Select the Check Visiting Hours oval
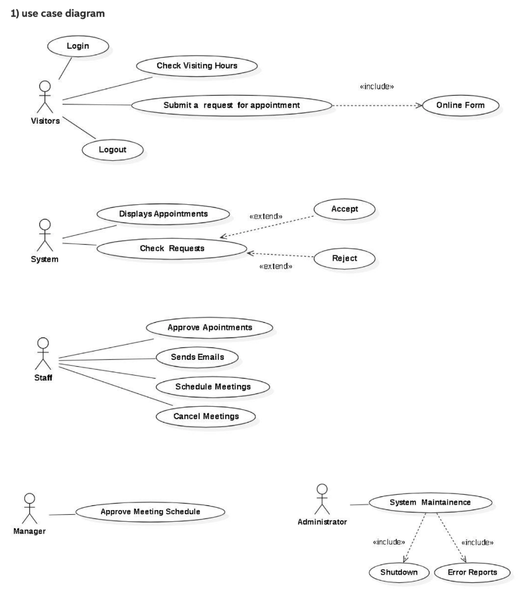click(197, 66)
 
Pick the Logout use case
click(112, 150)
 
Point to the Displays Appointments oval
click(163, 214)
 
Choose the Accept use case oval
click(344, 209)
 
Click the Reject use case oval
click(344, 258)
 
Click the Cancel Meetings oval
click(206, 417)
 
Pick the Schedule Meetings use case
click(212, 387)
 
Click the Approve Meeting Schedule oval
click(150, 512)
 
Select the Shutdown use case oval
click(398, 572)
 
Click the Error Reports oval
click(472, 572)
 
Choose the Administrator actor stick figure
click(321, 499)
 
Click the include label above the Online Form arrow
click(376, 87)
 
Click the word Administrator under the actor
click(322, 522)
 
